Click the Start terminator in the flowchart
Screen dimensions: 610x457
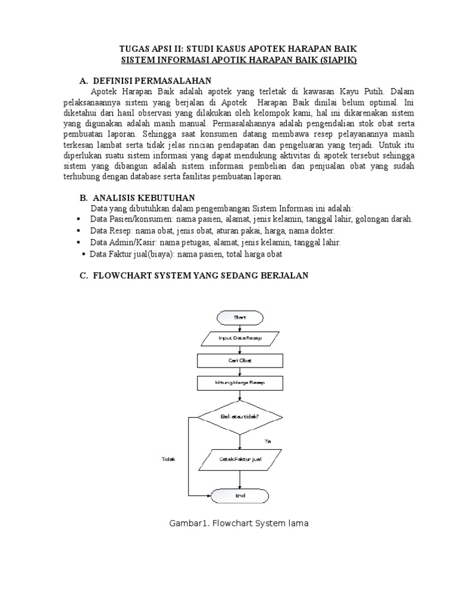pos(240,318)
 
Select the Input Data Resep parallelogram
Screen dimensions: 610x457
pos(240,339)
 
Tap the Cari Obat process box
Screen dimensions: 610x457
pos(240,360)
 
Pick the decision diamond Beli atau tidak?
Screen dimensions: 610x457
pos(240,418)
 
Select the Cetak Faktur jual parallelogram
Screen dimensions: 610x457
pos(240,459)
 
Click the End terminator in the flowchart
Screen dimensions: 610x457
pos(240,496)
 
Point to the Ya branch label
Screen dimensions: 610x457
pos(268,441)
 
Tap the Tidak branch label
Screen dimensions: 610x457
pos(168,459)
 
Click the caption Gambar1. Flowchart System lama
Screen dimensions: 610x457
pos(239,524)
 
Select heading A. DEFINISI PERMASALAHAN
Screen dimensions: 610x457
pos(145,80)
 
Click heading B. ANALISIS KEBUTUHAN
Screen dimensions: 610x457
pos(137,197)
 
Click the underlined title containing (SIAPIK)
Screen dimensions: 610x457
pos(239,60)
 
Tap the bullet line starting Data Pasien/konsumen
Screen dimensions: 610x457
pos(251,219)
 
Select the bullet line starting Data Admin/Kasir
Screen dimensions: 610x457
pos(215,242)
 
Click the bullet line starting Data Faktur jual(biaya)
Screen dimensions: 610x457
pos(185,254)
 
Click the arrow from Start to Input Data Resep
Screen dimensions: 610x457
pos(240,328)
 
